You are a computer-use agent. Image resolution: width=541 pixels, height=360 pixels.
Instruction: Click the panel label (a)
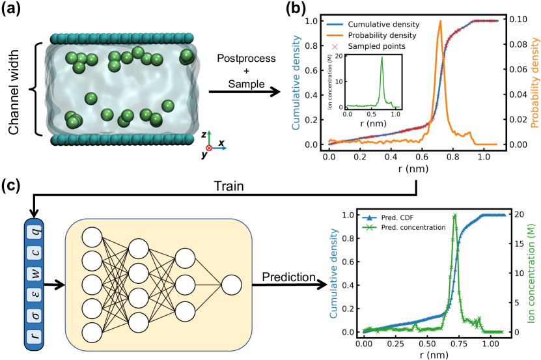[14, 10]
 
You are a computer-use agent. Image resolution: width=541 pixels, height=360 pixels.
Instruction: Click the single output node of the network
[230, 284]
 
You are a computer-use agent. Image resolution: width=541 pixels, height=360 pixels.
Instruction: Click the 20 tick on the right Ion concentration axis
[512, 215]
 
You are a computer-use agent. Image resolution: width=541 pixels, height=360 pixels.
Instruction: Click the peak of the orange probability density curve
[441, 21]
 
